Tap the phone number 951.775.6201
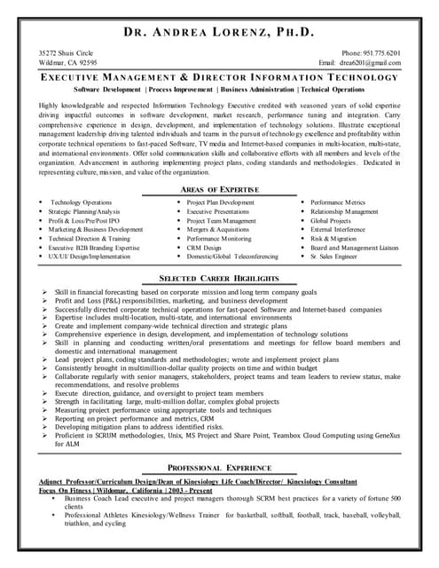click(370, 53)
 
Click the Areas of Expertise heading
click(219, 190)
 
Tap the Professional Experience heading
click(219, 468)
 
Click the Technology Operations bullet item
click(81, 203)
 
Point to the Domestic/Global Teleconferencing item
click(231, 256)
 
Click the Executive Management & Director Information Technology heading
click(219, 78)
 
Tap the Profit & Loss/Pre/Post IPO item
click(89, 221)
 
